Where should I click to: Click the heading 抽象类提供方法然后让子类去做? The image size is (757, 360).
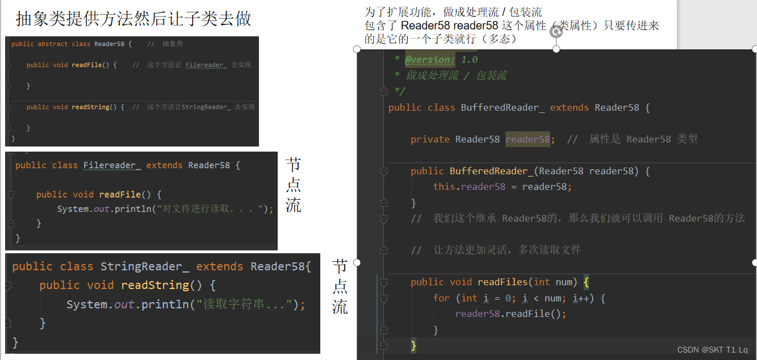coord(133,19)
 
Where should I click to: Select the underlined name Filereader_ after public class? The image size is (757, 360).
coord(112,165)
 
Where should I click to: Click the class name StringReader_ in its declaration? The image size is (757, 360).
coord(145,266)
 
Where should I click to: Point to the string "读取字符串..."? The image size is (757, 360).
coord(244,304)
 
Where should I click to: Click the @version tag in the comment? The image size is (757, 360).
coord(429,60)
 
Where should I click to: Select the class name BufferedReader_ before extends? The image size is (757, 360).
coord(503,107)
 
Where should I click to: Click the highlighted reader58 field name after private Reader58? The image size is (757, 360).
coord(528,139)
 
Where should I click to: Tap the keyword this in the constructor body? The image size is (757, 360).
coord(444,186)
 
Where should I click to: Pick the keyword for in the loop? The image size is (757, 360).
coord(441,298)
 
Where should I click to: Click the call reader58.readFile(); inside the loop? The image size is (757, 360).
coord(511,313)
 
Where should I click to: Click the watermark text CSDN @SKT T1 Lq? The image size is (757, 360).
coord(712,350)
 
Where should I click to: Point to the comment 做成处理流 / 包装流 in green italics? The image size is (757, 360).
coord(457,76)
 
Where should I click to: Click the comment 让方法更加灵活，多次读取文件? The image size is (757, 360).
coord(507,250)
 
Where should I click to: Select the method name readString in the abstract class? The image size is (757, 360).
coord(90,107)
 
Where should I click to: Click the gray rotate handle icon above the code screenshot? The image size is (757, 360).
coord(557,32)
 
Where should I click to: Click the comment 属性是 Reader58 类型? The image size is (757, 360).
coord(643,139)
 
